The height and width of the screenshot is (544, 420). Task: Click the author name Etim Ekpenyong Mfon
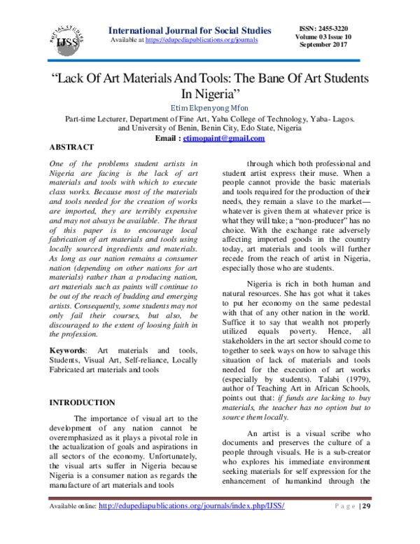tap(210, 107)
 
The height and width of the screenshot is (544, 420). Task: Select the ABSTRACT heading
tap(71, 149)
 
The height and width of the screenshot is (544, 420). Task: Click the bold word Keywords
tap(67, 349)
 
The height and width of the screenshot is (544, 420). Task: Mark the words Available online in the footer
tap(72, 525)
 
